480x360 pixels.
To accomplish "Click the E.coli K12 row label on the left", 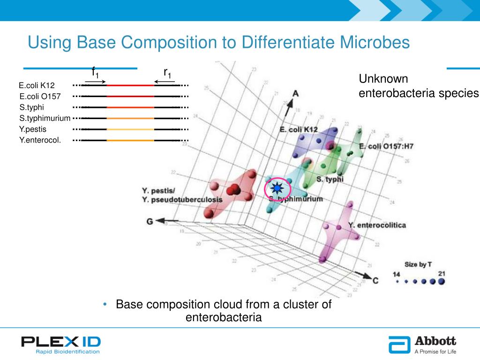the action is (37, 85).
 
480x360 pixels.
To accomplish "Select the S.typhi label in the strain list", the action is (31, 107).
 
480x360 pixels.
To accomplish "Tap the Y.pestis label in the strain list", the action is (33, 129).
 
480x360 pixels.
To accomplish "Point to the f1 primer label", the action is (95, 72).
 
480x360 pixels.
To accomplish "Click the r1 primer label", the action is (167, 72).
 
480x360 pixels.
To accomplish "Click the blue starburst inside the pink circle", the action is (277, 189).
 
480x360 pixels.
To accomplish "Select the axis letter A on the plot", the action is (295, 93).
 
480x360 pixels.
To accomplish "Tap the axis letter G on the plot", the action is (150, 221).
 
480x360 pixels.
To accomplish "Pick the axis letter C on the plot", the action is (375, 280).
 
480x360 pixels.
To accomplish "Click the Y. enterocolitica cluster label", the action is (377, 225).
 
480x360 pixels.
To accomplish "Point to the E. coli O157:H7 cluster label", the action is (386, 147).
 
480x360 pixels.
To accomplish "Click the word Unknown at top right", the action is (383, 79).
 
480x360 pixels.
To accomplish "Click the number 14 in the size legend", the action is (397, 273).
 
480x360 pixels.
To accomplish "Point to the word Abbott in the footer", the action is (435, 341).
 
